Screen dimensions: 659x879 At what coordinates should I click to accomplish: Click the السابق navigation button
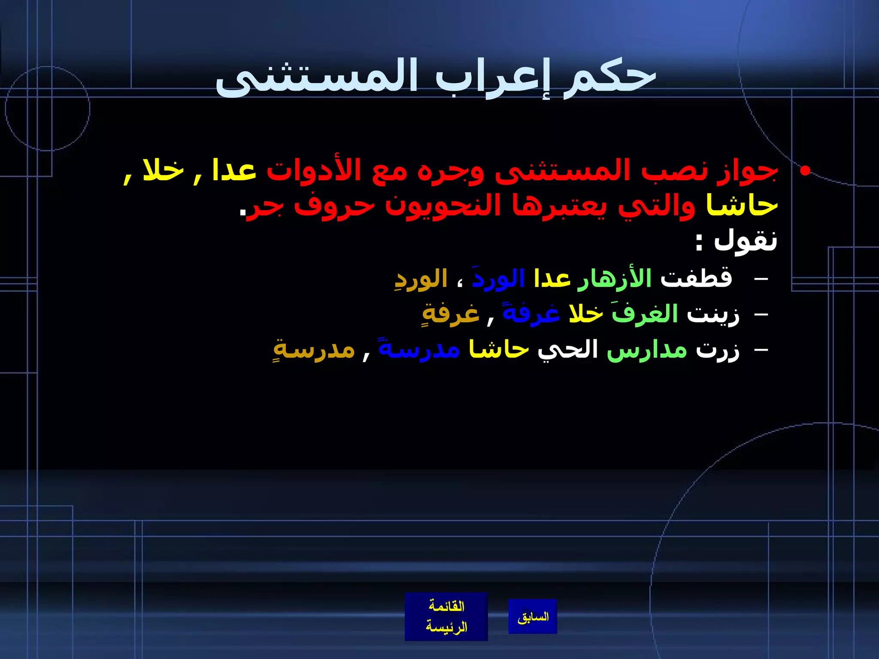click(x=533, y=617)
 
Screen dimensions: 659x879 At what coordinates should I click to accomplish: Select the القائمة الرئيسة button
click(x=446, y=617)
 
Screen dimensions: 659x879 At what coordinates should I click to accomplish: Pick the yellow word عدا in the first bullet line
click(x=234, y=170)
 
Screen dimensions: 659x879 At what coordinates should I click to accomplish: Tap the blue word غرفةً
click(x=531, y=314)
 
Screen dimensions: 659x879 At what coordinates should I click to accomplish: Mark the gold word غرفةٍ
click(x=451, y=314)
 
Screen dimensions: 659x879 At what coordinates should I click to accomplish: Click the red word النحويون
click(x=443, y=206)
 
